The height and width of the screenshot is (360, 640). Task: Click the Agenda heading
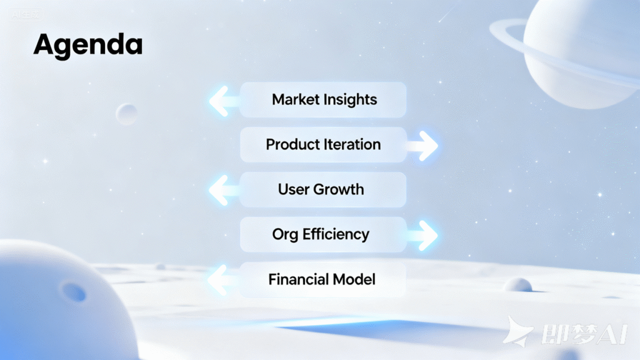click(88, 46)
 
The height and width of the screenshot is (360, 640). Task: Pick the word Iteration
click(351, 144)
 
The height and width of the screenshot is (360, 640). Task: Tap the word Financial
click(298, 279)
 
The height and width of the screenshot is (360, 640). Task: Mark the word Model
click(354, 279)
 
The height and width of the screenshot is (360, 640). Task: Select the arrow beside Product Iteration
click(422, 146)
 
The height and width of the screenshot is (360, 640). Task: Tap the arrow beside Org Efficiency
click(422, 236)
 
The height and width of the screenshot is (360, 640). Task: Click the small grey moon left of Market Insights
click(126, 114)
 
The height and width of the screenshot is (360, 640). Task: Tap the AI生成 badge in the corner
click(26, 15)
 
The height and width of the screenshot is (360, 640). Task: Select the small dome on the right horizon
click(518, 284)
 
